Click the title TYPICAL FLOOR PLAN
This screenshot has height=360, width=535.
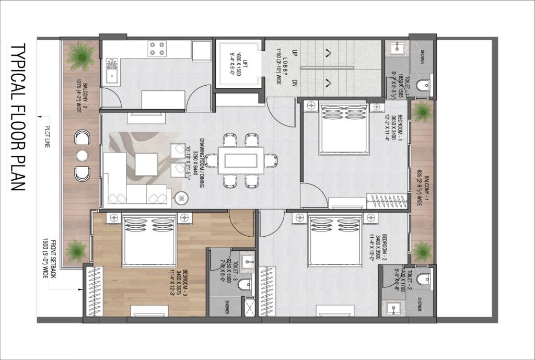pos(18,118)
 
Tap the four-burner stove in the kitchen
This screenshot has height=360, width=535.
pos(155,49)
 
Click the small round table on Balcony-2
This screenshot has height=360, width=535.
pos(83,156)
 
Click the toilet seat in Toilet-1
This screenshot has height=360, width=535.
pos(423,84)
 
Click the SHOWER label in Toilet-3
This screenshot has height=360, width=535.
pos(228,308)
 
